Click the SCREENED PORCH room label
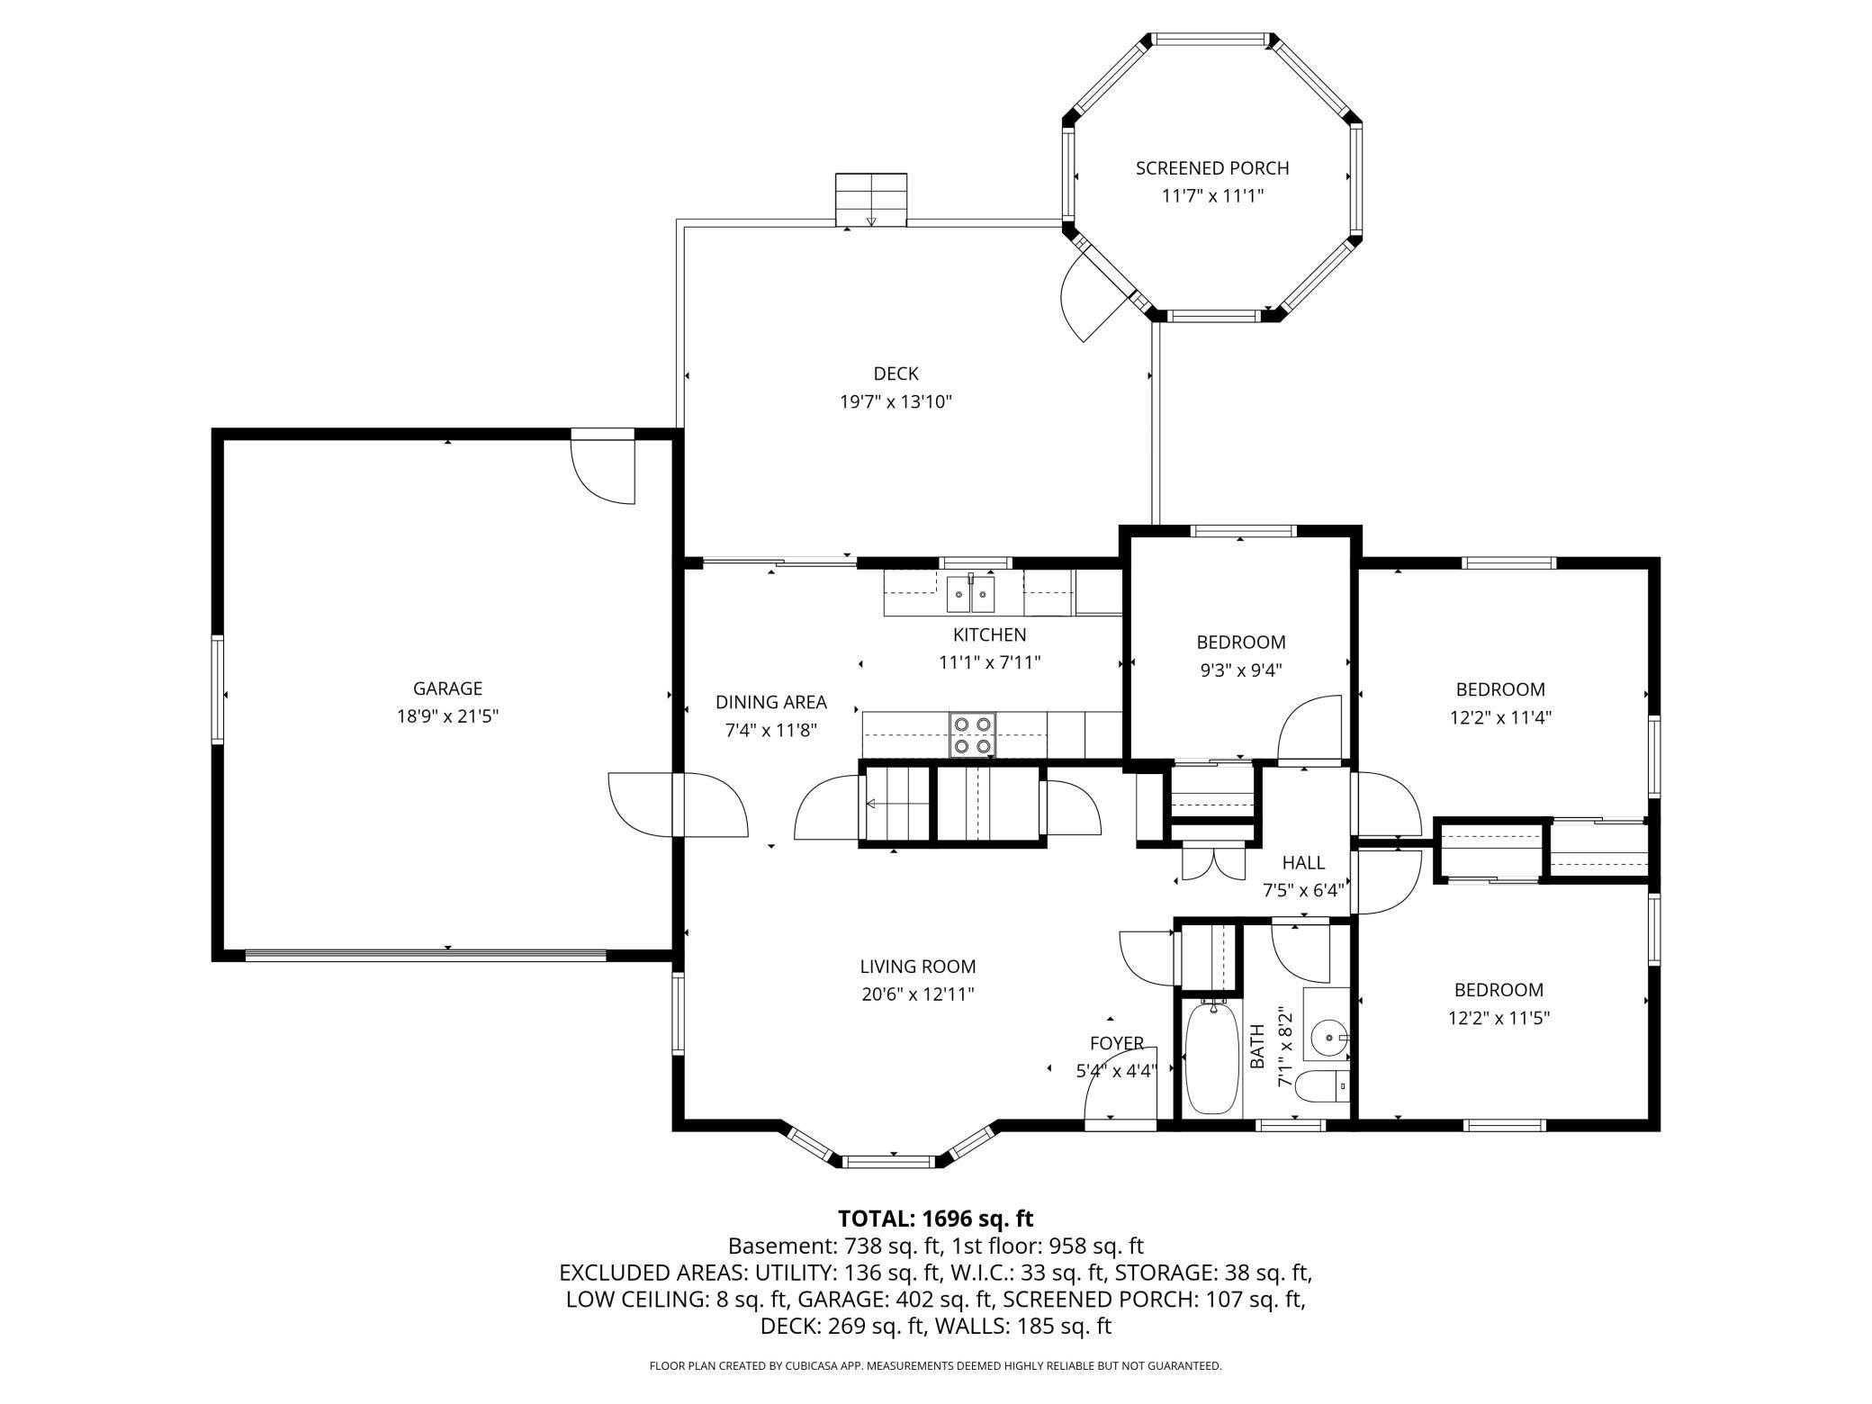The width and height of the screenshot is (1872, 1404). pos(1211,168)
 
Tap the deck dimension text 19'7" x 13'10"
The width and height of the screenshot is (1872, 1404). pos(895,401)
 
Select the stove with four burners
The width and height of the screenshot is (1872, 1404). pos(972,734)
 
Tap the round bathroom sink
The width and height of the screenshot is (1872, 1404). pos(1328,1037)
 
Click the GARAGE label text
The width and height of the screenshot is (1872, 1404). pos(447,688)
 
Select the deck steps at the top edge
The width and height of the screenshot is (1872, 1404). pos(870,200)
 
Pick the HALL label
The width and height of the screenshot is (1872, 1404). pos(1302,863)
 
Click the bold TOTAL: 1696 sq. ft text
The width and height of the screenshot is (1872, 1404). pos(935,1219)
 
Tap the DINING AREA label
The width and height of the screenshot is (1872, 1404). pos(770,702)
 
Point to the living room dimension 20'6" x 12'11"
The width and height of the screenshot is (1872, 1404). pos(917,994)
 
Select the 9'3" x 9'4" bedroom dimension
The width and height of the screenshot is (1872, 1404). pos(1240,670)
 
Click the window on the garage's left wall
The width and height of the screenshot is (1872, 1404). pos(217,689)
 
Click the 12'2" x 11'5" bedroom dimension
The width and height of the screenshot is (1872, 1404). pos(1498,1018)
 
